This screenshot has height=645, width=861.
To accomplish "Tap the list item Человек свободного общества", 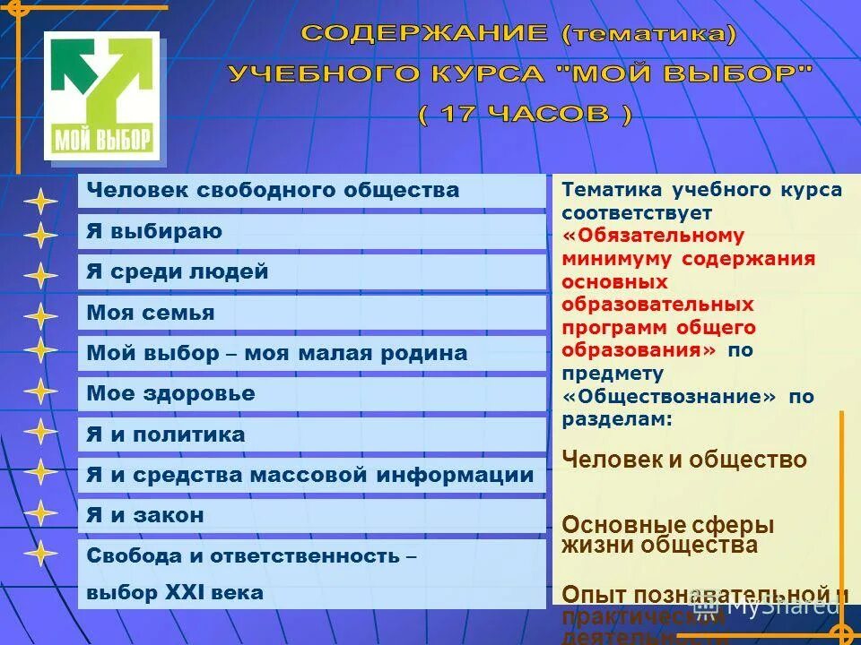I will (273, 190).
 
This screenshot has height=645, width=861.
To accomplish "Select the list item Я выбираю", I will (154, 232).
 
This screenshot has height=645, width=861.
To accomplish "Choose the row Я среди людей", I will (178, 271).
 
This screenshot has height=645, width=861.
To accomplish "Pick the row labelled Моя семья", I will (151, 313).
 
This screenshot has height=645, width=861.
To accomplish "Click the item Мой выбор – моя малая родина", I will (277, 353).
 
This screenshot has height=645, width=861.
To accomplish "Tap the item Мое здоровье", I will (170, 393).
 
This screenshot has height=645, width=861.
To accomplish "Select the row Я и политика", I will (166, 434).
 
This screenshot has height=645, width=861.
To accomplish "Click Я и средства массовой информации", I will (309, 475).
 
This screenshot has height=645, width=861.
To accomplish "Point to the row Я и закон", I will (145, 515).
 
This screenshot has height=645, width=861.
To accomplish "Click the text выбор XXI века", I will (175, 592).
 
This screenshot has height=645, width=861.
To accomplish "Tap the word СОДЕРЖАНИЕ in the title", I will (424, 34).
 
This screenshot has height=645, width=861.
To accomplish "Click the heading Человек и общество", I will (684, 460).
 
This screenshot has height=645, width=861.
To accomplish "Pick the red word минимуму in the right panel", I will (618, 259).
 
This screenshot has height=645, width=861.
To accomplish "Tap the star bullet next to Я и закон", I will (40, 513).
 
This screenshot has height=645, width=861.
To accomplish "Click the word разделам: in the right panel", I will (617, 418).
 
